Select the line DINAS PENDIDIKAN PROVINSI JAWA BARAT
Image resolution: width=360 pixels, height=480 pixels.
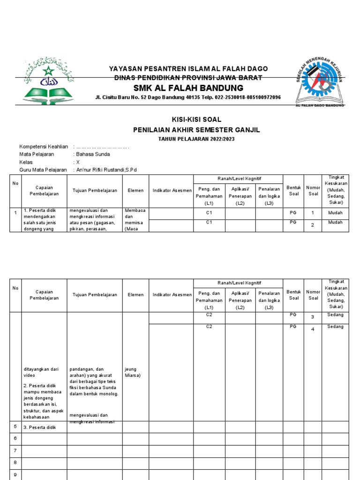(188, 78)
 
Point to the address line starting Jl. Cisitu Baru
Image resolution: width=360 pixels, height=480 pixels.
(188, 97)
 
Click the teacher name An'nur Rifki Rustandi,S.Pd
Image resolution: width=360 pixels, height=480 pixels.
(106, 170)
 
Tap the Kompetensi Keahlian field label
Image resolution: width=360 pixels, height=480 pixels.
(44, 147)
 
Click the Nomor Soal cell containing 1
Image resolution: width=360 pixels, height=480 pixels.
(313, 213)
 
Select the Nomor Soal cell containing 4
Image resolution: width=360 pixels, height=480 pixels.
(313, 330)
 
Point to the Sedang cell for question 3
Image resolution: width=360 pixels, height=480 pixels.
(335, 315)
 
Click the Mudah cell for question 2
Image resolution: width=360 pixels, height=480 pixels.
(335, 223)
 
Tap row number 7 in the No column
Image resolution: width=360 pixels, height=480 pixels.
(15, 451)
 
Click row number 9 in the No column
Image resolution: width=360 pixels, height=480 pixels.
(15, 474)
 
